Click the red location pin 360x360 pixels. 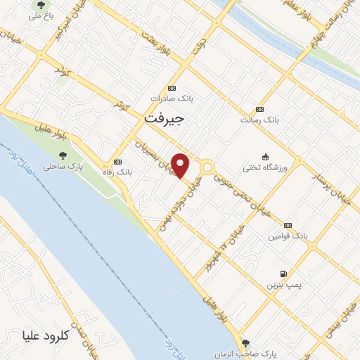(x=181, y=165)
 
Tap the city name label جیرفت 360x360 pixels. (x=163, y=119)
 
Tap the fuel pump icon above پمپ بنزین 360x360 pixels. (x=282, y=274)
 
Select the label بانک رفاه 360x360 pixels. (x=117, y=172)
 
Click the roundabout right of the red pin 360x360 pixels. (x=208, y=167)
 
